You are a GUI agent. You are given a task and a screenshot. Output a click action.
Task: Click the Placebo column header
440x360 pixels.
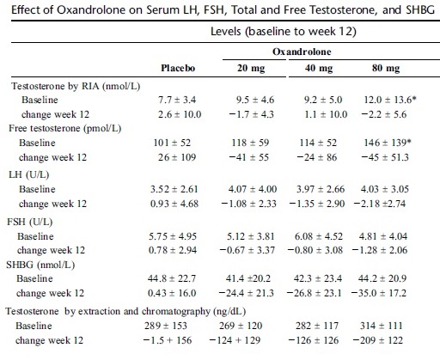[x=178, y=68]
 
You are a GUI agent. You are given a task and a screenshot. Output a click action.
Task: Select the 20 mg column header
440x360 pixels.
[x=251, y=69]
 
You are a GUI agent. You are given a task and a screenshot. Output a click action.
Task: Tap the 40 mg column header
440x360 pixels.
[x=319, y=69]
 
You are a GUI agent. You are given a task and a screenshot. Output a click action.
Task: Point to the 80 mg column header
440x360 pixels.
[x=386, y=69]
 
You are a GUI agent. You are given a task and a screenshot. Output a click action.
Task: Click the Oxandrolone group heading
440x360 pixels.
[x=302, y=52]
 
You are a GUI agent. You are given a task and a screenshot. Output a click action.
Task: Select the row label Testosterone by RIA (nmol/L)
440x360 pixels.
[x=76, y=86]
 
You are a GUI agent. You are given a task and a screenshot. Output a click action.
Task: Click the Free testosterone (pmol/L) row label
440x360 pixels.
[x=65, y=128]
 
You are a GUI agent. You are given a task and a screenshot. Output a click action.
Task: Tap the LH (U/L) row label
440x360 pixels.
[x=29, y=174]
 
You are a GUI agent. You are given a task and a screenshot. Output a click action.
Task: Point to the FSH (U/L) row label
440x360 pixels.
[x=30, y=222]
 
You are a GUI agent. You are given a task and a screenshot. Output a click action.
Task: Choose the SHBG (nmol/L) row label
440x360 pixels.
[x=40, y=265]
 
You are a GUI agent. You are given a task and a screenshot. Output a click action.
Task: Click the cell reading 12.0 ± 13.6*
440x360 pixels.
[x=390, y=100]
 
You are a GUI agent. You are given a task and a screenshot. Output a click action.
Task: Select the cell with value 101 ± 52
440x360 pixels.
[x=172, y=143]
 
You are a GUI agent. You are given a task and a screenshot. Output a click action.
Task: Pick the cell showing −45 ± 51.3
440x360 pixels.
[x=385, y=157]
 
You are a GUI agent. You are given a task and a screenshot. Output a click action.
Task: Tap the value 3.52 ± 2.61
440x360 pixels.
[x=174, y=189]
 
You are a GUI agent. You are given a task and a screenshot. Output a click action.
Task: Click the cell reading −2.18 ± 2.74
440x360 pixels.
[x=380, y=204]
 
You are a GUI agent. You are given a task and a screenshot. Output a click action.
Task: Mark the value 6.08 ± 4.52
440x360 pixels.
[x=319, y=236]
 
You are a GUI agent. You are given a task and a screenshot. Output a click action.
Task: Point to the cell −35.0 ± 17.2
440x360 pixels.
[x=378, y=293]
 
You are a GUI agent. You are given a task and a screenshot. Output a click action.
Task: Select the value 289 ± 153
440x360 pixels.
[x=166, y=326]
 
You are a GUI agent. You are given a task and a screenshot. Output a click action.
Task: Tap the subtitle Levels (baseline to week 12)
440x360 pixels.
[x=284, y=31]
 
